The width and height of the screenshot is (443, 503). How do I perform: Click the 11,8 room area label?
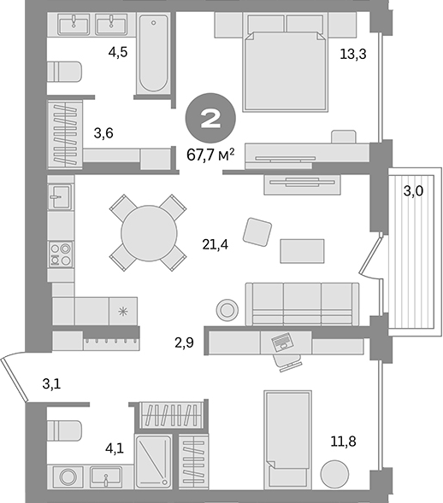(x=343, y=442)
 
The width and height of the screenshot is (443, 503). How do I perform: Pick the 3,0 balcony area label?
(x=413, y=191)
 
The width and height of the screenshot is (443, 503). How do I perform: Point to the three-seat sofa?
(x=302, y=303)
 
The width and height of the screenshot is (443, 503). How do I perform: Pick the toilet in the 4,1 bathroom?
(x=63, y=430)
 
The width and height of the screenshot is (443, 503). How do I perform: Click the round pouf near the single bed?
(x=334, y=474)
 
